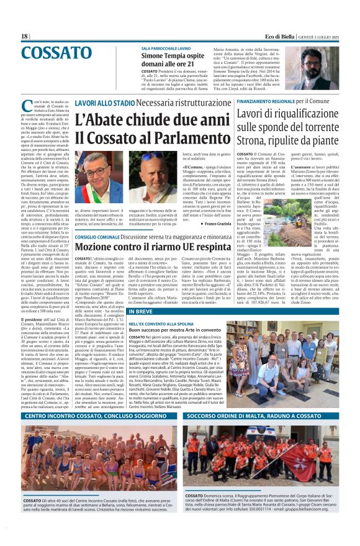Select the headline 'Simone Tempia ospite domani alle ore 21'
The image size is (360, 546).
tap(175, 60)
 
